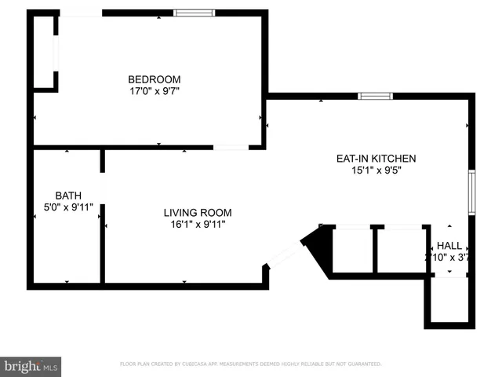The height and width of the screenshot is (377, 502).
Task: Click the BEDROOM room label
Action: pyautogui.click(x=155, y=79)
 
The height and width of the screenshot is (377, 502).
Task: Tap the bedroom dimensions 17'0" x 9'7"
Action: pyautogui.click(x=155, y=91)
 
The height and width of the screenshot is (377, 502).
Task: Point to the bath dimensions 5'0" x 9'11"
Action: pyautogui.click(x=67, y=207)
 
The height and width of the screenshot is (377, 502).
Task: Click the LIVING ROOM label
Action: pyautogui.click(x=197, y=212)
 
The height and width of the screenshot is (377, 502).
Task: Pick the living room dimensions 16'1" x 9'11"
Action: pyautogui.click(x=197, y=225)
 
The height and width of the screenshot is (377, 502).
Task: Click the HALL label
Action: pyautogui.click(x=449, y=245)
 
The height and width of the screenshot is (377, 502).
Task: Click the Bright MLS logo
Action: pyautogui.click(x=31, y=366)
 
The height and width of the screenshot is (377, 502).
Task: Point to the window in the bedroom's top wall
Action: pyautogui.click(x=194, y=13)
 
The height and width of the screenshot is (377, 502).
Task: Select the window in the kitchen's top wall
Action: pyautogui.click(x=375, y=97)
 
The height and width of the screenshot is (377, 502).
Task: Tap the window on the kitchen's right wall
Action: pyautogui.click(x=471, y=192)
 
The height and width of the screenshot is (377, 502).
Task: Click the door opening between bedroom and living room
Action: pyautogui.click(x=231, y=147)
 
